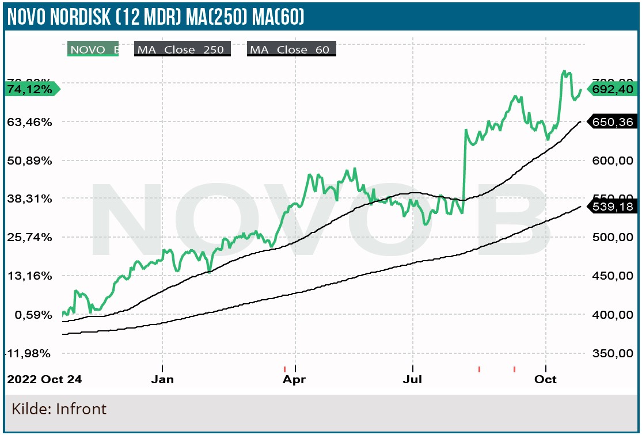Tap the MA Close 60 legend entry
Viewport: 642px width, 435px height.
pos(291,49)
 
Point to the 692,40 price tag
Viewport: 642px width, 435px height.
pos(612,89)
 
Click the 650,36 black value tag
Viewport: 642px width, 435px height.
pos(612,121)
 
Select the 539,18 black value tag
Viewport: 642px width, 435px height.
pos(612,206)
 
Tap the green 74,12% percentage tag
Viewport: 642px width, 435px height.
pos(31,89)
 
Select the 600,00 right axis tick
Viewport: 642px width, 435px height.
pos(613,161)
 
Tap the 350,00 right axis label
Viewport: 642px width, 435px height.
pos(613,353)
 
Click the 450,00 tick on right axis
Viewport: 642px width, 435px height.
pos(613,276)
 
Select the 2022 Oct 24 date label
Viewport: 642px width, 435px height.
pos(44,379)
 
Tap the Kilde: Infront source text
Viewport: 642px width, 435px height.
pos(59,409)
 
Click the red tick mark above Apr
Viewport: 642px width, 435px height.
pos(284,369)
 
